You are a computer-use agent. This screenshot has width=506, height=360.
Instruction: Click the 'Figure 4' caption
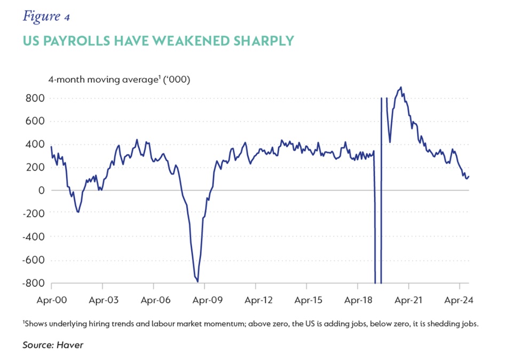pyautogui.click(x=46, y=17)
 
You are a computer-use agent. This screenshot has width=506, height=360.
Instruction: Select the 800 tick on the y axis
pyautogui.click(x=34, y=98)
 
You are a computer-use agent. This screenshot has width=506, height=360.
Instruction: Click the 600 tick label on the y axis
pyautogui.click(x=34, y=121)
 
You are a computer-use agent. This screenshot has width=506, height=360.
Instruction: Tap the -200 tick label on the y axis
pyautogui.click(x=31, y=213)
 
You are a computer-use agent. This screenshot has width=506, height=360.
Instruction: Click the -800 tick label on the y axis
pyautogui.click(x=31, y=283)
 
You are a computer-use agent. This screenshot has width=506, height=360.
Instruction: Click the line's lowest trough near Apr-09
pyautogui.click(x=198, y=281)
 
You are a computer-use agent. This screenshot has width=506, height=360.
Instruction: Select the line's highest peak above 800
pyautogui.click(x=401, y=87)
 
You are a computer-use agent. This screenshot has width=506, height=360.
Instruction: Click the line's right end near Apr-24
pyautogui.click(x=469, y=177)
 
